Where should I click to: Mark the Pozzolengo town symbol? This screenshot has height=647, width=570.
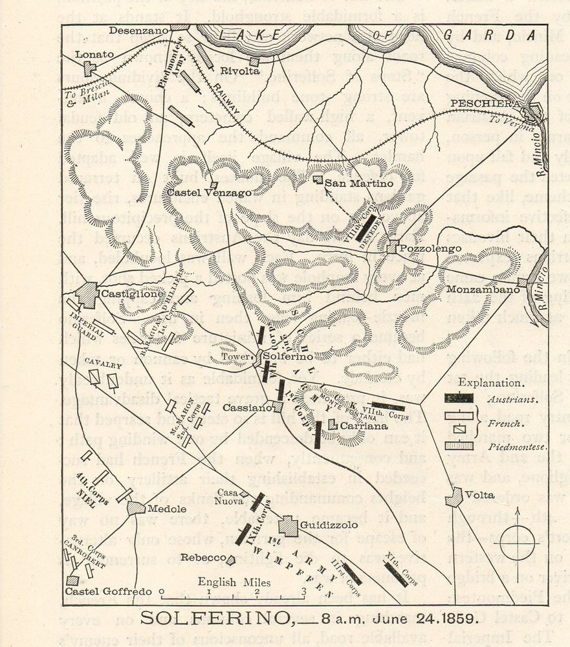(x=392, y=248)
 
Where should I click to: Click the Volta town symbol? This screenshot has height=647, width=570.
(x=454, y=497)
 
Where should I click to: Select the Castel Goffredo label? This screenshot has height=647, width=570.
(x=108, y=591)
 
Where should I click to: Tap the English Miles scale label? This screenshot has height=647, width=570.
(x=226, y=582)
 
